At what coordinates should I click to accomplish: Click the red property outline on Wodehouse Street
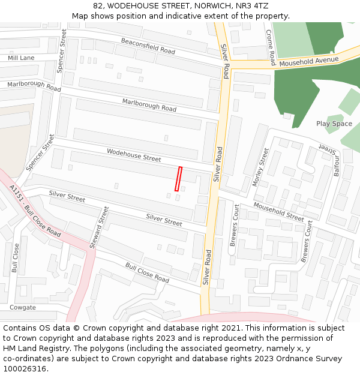point(178,179)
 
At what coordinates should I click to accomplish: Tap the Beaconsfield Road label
point(148,46)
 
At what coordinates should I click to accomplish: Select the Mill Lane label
point(21,58)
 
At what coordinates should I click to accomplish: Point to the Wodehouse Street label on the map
point(134,155)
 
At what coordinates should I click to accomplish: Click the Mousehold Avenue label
point(309,61)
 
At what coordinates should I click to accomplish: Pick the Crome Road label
point(271,47)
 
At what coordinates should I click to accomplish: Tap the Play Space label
point(334,124)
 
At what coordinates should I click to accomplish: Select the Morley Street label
point(263,167)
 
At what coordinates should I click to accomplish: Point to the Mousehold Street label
point(278,212)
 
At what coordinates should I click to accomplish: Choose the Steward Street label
point(99,227)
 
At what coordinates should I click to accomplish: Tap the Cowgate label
point(22,308)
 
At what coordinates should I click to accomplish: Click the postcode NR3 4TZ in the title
point(253,6)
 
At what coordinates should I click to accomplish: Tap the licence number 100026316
point(25,369)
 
